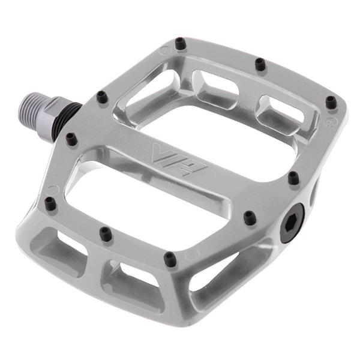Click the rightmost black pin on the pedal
click(332, 102)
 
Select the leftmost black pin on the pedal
click(50, 203)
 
